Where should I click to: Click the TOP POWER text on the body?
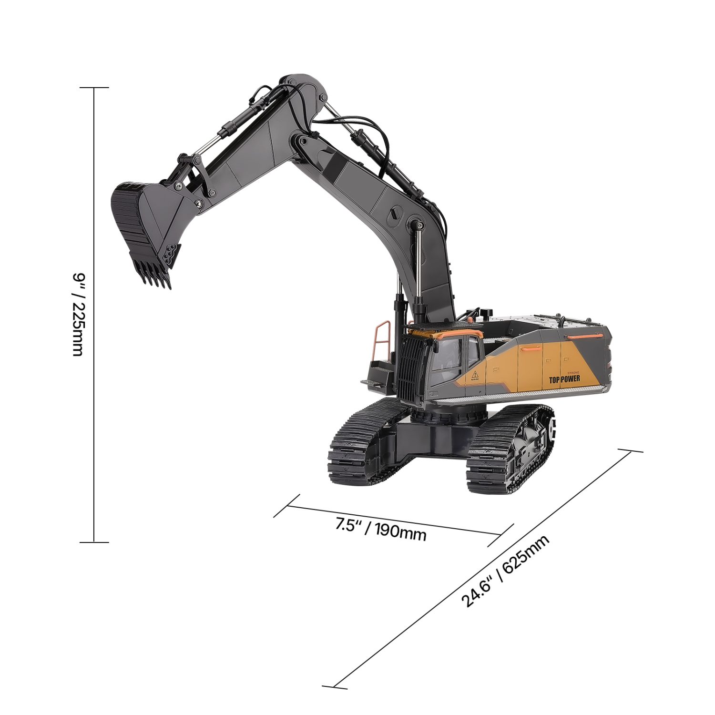(564, 379)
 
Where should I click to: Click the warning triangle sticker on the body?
(475, 375)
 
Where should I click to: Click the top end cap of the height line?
(94, 88)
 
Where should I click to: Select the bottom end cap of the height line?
(94, 542)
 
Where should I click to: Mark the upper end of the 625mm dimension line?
(630, 450)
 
